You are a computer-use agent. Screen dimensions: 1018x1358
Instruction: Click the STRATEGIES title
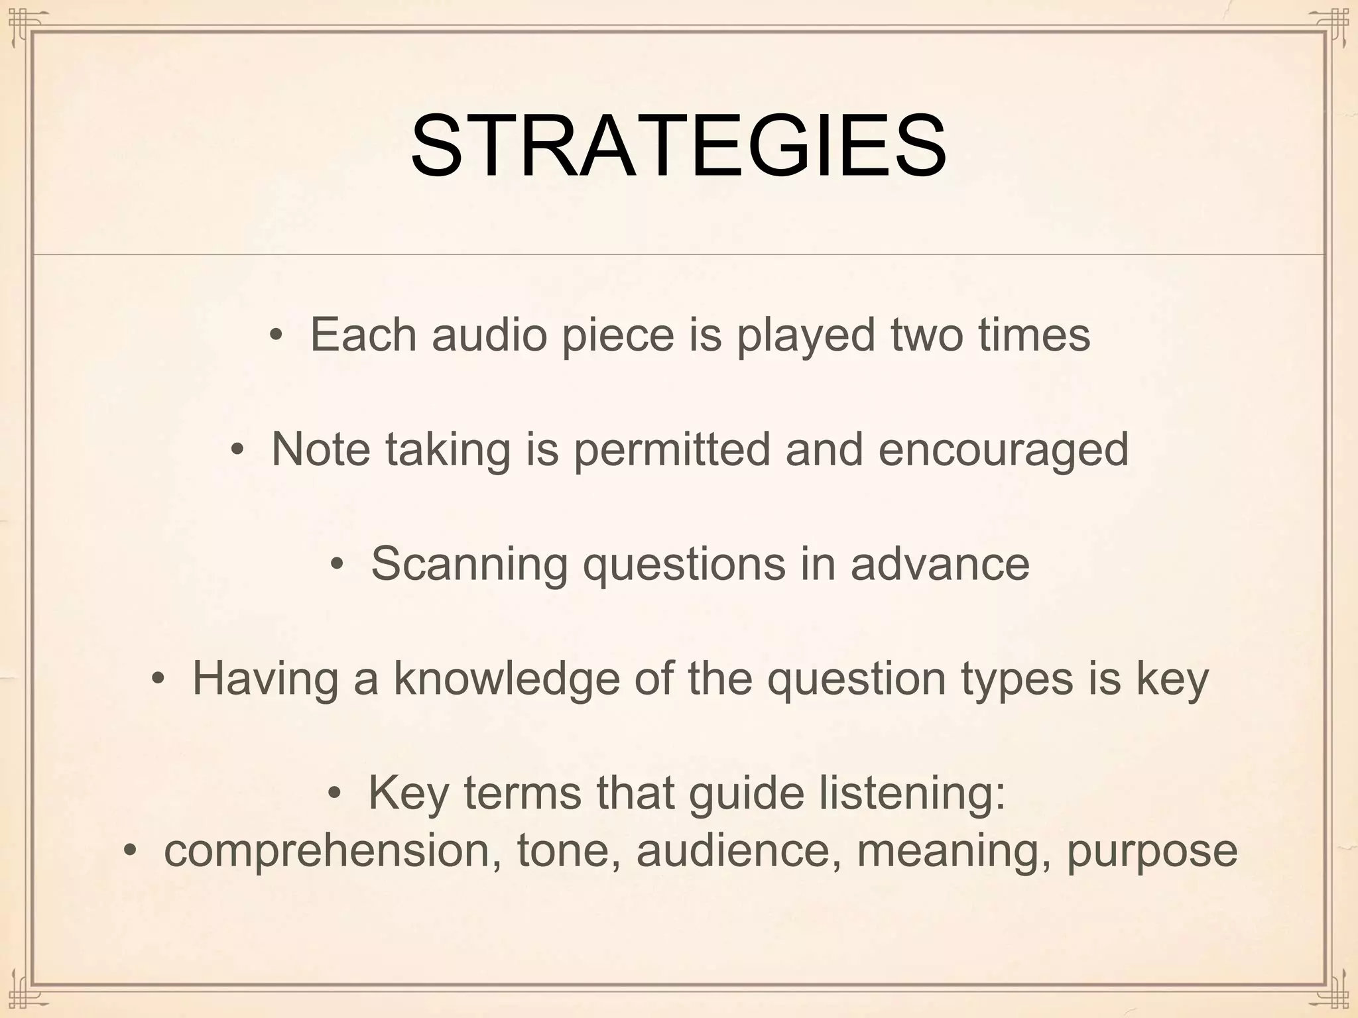(678, 146)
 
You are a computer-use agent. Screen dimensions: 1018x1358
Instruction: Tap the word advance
(940, 564)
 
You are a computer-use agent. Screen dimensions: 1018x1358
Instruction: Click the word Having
(265, 679)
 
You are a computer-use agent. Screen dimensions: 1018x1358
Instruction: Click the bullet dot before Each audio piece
(276, 335)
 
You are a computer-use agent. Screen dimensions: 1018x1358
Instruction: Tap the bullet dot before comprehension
(130, 851)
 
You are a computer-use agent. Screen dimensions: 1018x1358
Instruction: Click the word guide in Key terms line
(747, 793)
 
